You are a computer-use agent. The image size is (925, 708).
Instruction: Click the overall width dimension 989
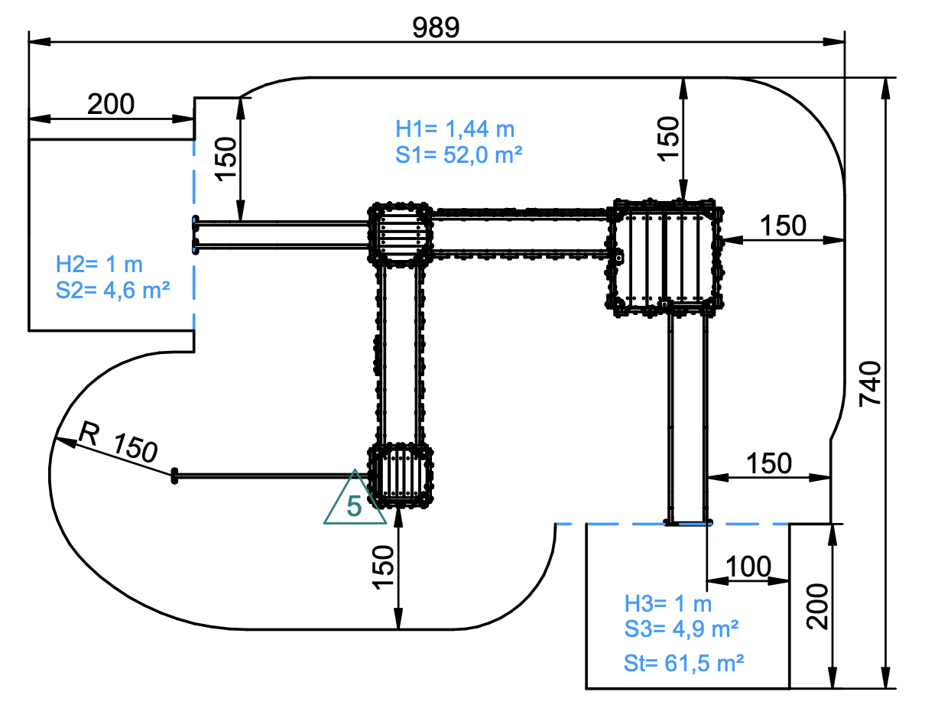click(435, 28)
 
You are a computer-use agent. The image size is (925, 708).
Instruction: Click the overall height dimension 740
click(869, 384)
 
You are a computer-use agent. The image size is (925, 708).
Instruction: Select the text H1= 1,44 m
click(455, 129)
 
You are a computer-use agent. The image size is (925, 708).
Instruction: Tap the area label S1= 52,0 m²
click(459, 154)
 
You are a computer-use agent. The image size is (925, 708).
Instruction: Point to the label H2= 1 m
click(99, 265)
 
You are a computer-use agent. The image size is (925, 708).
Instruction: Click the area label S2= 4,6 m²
click(112, 290)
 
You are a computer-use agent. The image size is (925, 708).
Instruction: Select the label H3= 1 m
click(668, 603)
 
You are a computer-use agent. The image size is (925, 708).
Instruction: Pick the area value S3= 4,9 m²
click(681, 628)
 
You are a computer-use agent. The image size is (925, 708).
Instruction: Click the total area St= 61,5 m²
click(683, 663)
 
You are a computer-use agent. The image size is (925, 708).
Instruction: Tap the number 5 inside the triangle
click(354, 505)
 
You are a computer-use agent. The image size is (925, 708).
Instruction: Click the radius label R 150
click(118, 442)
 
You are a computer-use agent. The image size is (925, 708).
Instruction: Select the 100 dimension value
click(748, 567)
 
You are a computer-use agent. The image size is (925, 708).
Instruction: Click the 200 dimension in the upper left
click(111, 104)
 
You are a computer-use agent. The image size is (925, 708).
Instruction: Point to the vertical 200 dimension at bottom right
click(816, 607)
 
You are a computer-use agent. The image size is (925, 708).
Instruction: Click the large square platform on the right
click(664, 258)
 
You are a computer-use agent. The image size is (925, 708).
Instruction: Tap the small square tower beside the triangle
click(400, 476)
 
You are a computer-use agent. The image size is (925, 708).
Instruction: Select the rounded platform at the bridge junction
click(400, 235)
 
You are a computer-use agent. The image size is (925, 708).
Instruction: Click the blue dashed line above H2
click(194, 177)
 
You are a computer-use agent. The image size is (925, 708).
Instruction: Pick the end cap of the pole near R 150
click(174, 476)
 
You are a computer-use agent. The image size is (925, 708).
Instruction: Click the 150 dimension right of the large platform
click(783, 226)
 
